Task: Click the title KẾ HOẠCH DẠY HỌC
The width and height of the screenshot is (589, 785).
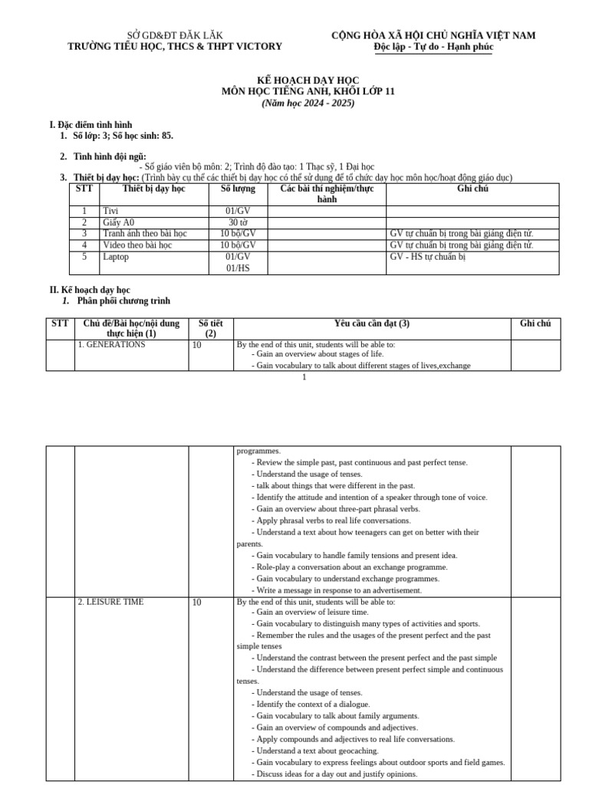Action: point(308,80)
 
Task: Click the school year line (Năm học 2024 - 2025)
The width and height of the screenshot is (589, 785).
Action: point(308,103)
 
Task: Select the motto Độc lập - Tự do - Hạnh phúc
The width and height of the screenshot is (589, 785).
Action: point(433,47)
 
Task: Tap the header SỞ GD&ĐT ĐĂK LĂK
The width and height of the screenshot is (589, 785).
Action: point(175,35)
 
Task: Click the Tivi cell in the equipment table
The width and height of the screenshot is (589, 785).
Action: point(111,211)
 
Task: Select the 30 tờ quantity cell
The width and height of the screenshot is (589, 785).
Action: point(239,222)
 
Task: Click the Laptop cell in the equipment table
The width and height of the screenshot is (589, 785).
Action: point(116,257)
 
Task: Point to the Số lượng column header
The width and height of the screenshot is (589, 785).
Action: point(239,189)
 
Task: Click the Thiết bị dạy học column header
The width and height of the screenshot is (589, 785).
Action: point(153,189)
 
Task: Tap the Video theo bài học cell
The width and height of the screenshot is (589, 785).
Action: point(137,245)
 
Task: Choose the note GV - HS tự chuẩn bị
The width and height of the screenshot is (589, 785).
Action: point(428,257)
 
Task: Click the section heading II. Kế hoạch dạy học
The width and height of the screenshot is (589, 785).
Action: point(90,290)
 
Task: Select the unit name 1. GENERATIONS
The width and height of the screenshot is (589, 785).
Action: point(111,345)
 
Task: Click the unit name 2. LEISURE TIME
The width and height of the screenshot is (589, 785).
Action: point(110,602)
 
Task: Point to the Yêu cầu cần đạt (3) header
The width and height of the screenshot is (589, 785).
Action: point(372,324)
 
